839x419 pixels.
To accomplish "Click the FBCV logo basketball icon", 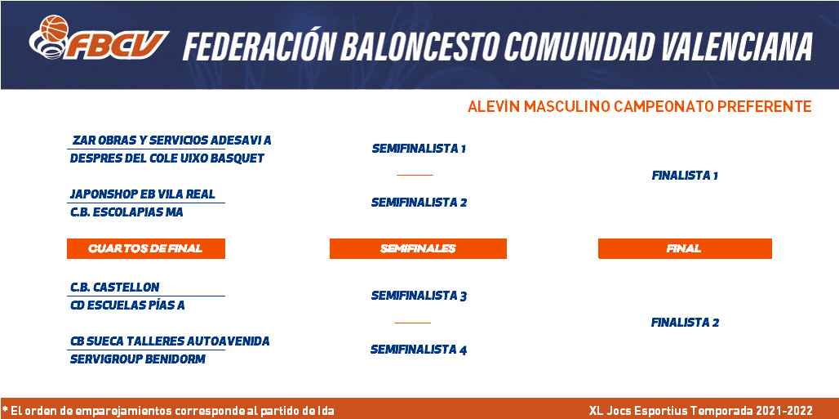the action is point(54,29).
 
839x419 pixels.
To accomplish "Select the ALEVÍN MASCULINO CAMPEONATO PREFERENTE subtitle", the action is point(639,107).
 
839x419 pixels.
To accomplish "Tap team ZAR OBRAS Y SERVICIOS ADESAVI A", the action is point(171,140).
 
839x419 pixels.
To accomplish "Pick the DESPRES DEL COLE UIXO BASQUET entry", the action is point(167,158).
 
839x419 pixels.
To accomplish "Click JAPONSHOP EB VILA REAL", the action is point(143,194).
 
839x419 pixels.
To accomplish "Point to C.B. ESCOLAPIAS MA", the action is point(127,212).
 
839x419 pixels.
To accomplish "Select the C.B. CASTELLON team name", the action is point(115,288).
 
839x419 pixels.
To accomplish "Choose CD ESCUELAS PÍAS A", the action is point(127,305).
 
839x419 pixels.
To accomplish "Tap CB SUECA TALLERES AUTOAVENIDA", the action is point(170,341).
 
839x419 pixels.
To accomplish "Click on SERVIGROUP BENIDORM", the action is point(138,359).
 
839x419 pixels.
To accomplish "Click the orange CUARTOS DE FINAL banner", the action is point(146,248).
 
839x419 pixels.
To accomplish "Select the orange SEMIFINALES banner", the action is point(418,248).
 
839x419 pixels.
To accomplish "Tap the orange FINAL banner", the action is point(685,248).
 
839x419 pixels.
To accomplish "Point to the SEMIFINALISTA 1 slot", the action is point(419,149).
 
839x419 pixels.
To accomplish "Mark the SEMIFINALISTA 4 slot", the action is point(419,350).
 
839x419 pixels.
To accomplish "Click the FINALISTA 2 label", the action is point(685,323).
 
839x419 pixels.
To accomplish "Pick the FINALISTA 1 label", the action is point(685,176).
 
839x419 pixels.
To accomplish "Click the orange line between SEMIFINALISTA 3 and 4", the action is point(412,323).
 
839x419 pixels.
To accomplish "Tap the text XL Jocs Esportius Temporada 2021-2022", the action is point(701,411).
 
